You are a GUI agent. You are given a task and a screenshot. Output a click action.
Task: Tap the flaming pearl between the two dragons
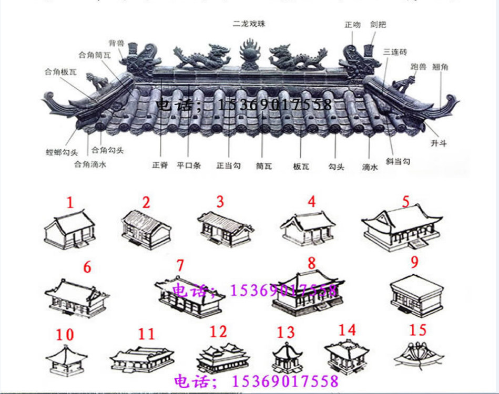250,54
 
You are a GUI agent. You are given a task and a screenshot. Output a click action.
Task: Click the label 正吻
352,25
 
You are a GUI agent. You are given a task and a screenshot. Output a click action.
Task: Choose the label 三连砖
395,51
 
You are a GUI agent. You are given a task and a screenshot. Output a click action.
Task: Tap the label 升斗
438,143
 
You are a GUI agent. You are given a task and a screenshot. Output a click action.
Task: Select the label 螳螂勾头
62,153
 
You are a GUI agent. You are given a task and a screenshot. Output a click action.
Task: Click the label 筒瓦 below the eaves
263,166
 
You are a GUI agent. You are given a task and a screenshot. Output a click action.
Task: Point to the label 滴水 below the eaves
370,167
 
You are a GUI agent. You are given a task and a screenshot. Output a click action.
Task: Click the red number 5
405,202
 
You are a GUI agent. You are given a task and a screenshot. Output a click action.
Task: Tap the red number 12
218,331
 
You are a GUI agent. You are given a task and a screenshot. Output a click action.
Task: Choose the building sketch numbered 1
70,231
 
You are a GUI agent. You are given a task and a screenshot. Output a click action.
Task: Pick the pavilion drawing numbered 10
66,360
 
